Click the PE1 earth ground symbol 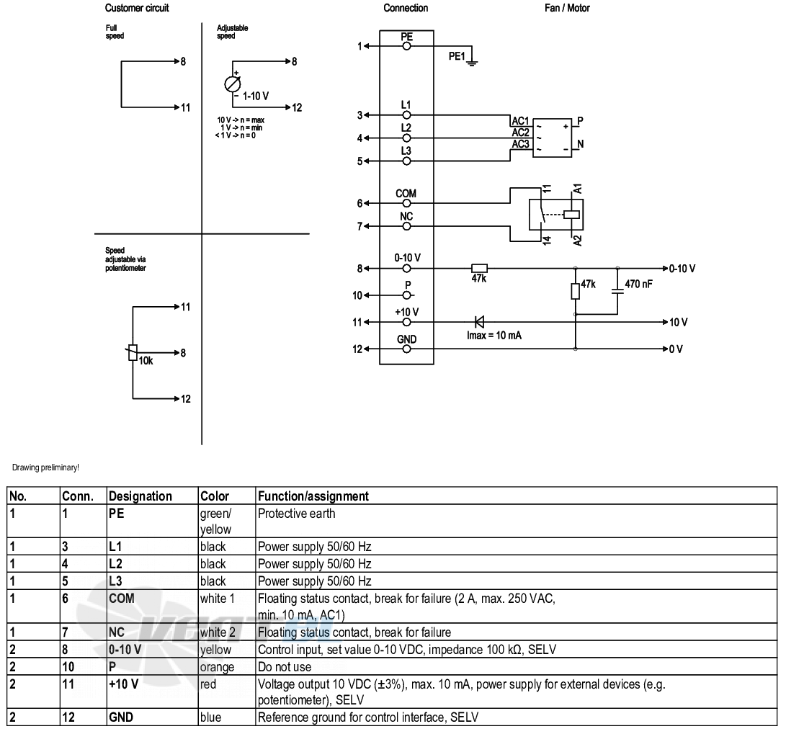click(472, 62)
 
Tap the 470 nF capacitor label click(638, 284)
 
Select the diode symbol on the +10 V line click(479, 322)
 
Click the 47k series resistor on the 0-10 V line click(479, 269)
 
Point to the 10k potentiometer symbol click(133, 353)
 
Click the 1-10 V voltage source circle click(233, 84)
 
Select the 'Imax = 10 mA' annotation click(494, 336)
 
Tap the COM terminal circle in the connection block click(406, 203)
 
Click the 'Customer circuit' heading click(137, 8)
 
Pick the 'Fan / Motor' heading click(567, 8)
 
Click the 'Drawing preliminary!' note click(45, 467)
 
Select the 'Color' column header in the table click(215, 496)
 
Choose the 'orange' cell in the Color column click(217, 667)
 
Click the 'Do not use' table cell click(285, 667)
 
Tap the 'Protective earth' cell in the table click(296, 514)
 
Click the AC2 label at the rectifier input click(520, 133)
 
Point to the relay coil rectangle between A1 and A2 click(571, 215)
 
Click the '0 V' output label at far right click(676, 349)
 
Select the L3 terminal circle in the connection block click(406, 161)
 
